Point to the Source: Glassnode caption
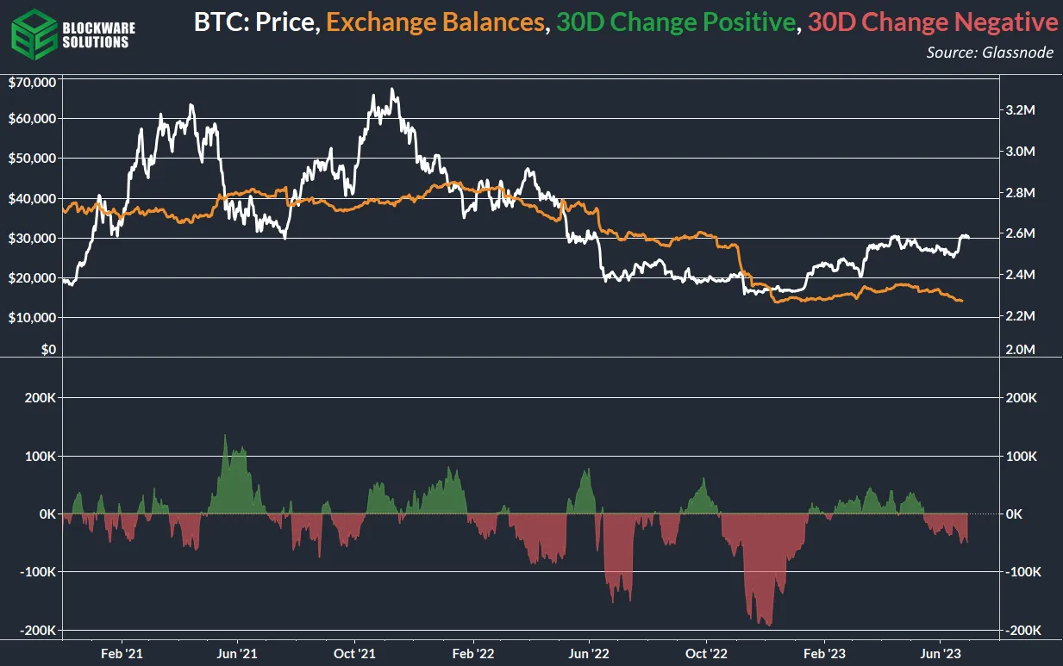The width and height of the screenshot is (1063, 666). (991, 53)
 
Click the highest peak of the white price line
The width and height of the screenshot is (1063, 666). (392, 89)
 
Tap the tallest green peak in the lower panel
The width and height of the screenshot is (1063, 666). (225, 436)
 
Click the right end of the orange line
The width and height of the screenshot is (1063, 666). (962, 301)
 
